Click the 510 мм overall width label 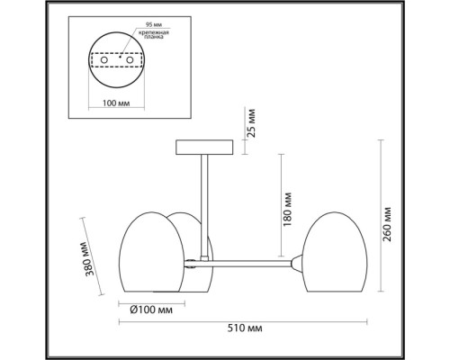(245, 328)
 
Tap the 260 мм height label (387, 224)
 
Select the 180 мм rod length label (287, 209)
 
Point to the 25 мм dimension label (251, 123)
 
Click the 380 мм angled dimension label (90, 258)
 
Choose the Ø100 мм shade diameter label (151, 310)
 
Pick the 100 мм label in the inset (116, 103)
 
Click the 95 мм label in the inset (154, 24)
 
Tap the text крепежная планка (154, 34)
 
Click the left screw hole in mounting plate (104, 60)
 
